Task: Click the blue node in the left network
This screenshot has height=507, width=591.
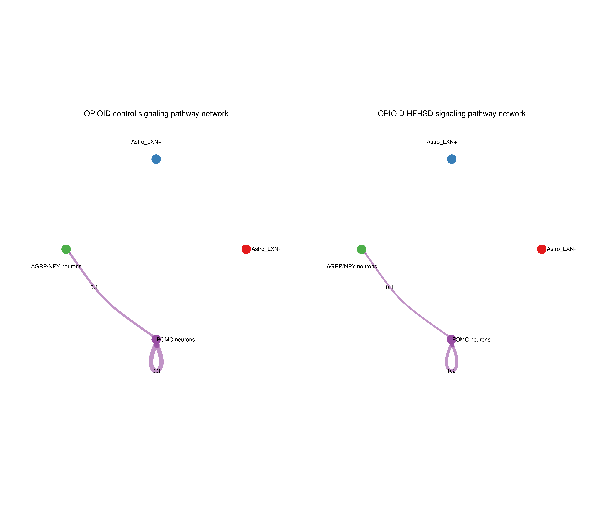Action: point(156,159)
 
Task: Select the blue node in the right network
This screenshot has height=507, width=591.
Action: point(452,159)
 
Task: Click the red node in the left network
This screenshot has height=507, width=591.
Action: point(246,249)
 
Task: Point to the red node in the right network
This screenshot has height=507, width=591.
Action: point(542,249)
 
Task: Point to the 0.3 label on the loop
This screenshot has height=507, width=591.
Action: point(156,371)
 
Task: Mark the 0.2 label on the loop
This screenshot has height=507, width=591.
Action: point(452,371)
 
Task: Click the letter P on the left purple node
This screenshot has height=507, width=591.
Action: point(158,339)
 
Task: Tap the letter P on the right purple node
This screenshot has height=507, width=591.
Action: point(454,339)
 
